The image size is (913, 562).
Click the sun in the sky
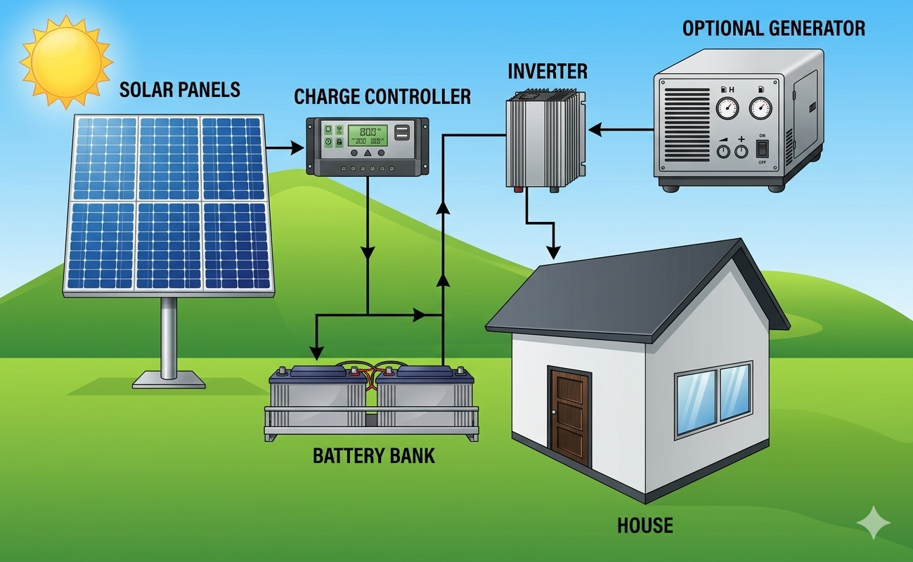pos(65,58)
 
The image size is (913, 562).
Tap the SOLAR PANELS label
pos(180,90)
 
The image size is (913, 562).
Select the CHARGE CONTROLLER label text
pos(382,96)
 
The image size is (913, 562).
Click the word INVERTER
pos(548,71)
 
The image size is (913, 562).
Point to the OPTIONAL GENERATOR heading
pos(774,29)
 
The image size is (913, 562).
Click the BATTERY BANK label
pos(374,455)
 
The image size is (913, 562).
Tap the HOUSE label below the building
pos(645,525)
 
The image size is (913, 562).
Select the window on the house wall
pos(712,398)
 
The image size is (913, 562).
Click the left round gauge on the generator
pos(727,109)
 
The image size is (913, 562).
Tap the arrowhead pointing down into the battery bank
pos(316,351)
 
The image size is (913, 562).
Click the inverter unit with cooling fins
pos(545,143)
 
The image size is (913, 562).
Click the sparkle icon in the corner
pos(874,523)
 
